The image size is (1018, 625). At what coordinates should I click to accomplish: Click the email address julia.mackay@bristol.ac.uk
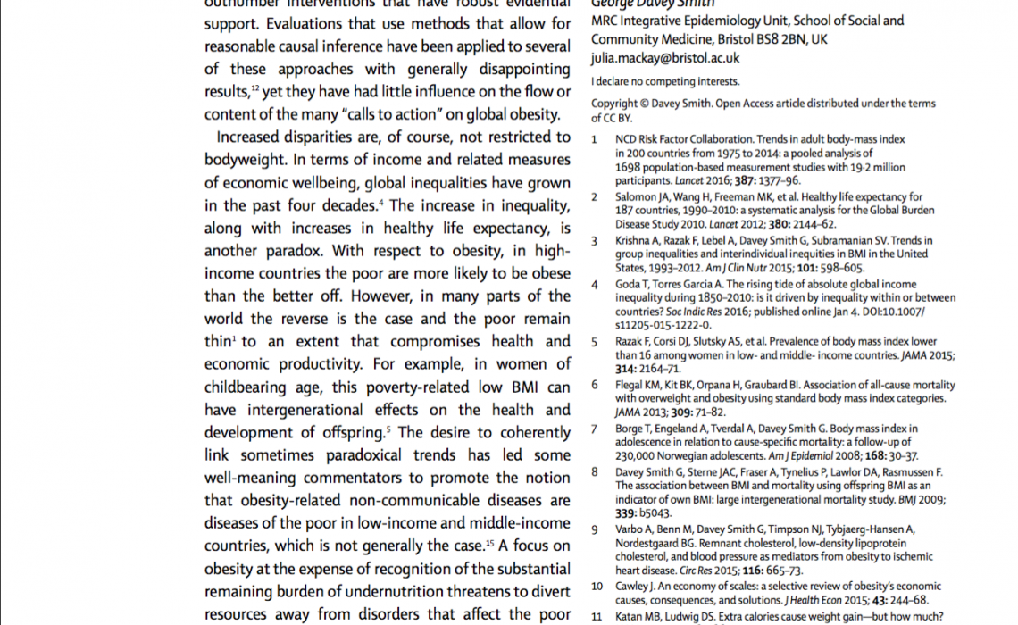tap(665, 58)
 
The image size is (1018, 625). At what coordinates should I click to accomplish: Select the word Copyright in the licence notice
tap(614, 104)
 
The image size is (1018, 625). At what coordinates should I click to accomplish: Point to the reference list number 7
tap(595, 429)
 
